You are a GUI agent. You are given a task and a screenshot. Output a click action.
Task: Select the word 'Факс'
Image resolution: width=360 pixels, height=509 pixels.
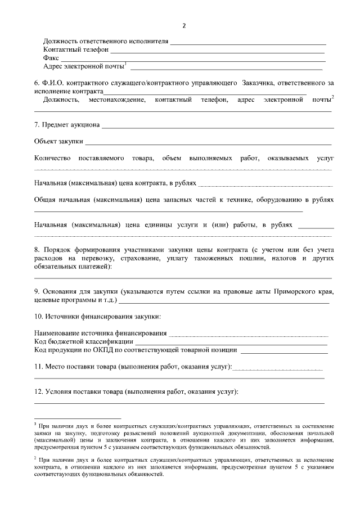pyautogui.click(x=51, y=58)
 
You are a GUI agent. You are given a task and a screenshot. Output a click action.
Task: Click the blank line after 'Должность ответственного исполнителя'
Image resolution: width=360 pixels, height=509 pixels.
pyautogui.click(x=247, y=43)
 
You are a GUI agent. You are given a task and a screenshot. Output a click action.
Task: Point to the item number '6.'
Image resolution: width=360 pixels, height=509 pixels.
pyautogui.click(x=37, y=83)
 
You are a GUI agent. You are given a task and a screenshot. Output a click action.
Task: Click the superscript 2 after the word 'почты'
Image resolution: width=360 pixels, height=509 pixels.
pyautogui.click(x=333, y=97)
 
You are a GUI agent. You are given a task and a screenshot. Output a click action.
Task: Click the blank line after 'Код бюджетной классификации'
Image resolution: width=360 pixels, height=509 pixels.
pyautogui.click(x=231, y=343)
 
